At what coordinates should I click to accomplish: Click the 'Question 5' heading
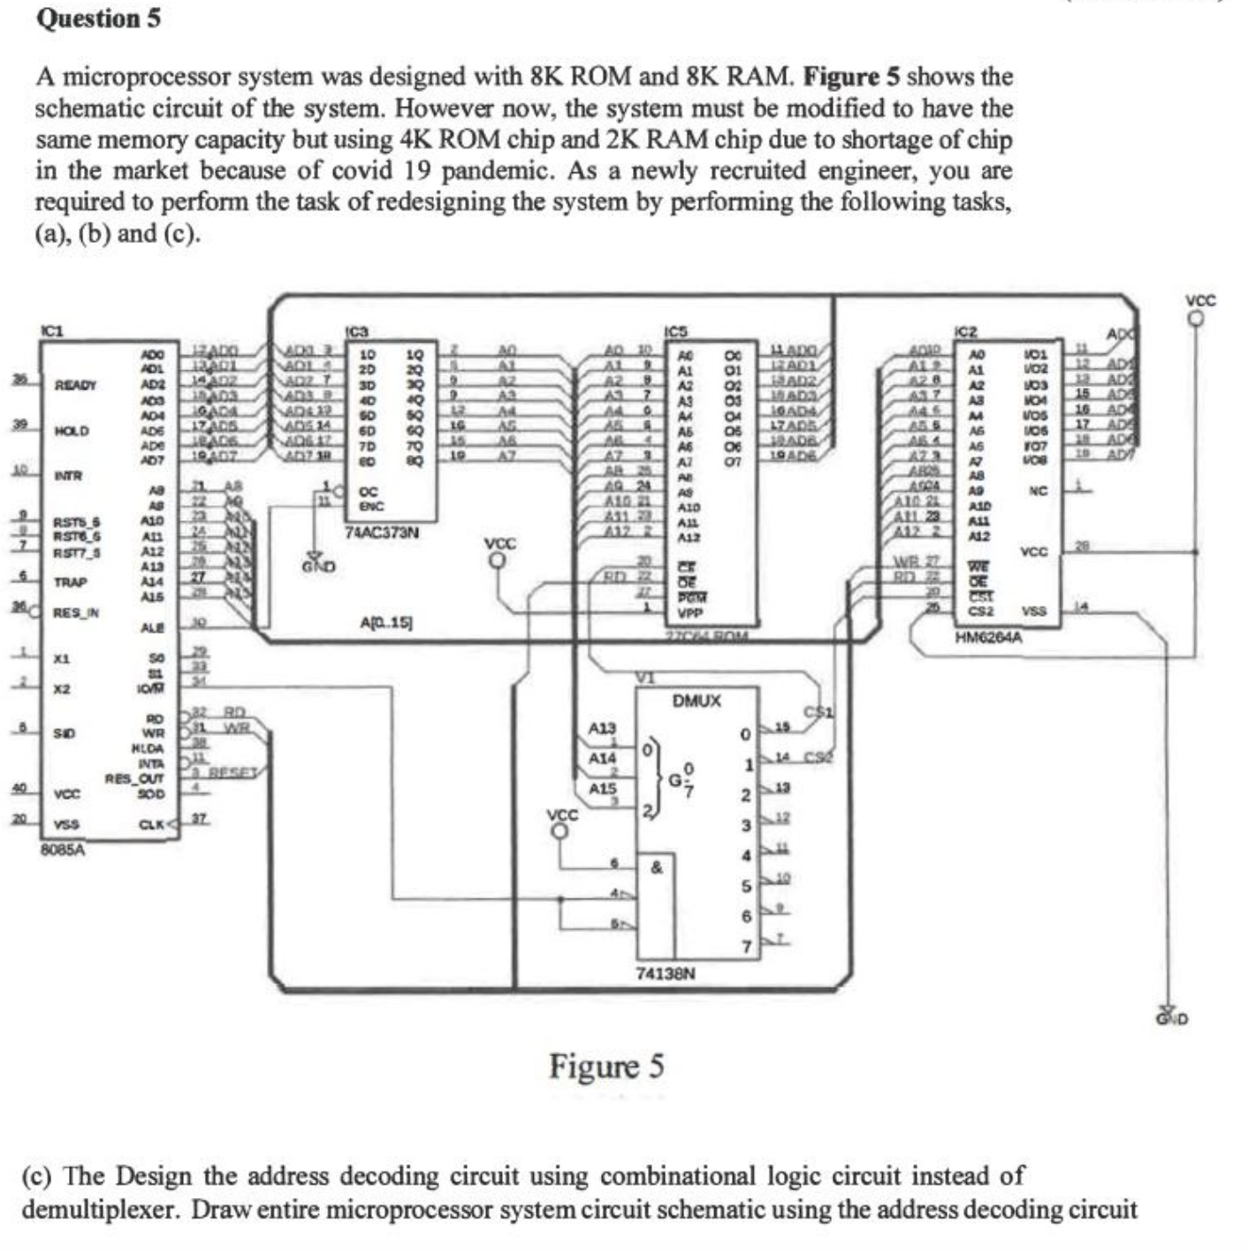[98, 19]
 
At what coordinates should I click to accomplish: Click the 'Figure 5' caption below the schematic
[605, 1066]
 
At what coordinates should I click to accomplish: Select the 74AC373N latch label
[382, 534]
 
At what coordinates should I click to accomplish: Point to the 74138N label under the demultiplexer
[666, 974]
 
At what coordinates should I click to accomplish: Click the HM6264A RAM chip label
[988, 636]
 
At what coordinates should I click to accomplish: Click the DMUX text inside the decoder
[696, 701]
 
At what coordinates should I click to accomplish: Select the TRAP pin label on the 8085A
[70, 582]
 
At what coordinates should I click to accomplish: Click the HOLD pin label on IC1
[72, 431]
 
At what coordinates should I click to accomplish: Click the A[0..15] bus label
[386, 623]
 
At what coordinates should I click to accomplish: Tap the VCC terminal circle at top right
[1197, 319]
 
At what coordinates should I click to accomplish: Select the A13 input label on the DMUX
[602, 728]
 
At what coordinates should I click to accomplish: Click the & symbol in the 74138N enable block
[656, 868]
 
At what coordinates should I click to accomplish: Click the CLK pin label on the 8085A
[152, 825]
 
